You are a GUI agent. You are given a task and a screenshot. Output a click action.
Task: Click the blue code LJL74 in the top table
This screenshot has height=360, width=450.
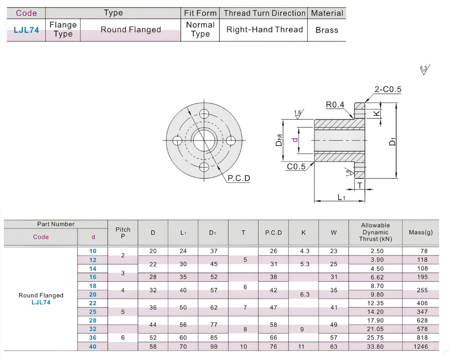point(26,30)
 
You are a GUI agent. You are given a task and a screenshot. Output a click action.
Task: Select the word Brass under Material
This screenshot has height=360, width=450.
point(327,30)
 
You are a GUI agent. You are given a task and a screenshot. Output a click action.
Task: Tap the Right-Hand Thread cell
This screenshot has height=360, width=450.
point(265,30)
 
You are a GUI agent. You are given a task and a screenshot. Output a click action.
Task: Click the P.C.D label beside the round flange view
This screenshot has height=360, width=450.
point(239,178)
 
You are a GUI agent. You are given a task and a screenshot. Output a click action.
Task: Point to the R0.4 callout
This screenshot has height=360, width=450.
point(335,105)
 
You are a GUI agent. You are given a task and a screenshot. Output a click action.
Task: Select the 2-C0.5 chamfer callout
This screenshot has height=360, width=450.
point(388,89)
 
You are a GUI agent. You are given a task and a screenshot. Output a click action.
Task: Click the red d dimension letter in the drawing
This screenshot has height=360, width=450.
point(294,140)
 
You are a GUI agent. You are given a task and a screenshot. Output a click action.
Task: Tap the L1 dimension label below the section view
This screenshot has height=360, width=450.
point(341,197)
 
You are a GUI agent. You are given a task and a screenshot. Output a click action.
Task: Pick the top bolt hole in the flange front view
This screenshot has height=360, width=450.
point(204,114)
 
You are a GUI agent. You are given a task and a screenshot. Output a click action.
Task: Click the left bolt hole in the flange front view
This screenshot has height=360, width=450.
point(177,141)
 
